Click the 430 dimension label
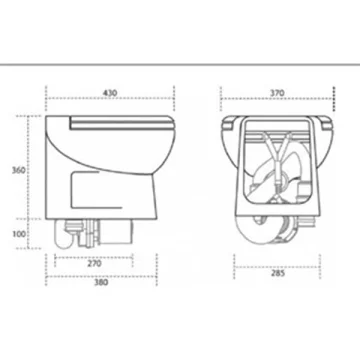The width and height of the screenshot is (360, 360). click(x=110, y=93)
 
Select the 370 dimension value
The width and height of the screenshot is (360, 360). click(x=277, y=93)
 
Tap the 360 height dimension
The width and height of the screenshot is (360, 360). click(x=19, y=170)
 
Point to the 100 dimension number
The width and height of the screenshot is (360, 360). click(x=19, y=234)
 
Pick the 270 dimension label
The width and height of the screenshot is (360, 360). click(x=94, y=263)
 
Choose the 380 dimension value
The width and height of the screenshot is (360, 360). click(x=101, y=282)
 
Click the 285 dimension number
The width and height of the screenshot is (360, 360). click(x=278, y=273)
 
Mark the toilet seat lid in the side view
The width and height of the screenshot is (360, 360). click(x=123, y=122)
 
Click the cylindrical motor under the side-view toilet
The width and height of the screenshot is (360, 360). click(x=117, y=231)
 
